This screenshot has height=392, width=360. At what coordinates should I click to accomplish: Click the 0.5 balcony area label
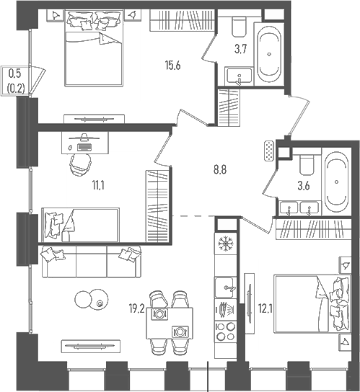click(14, 72)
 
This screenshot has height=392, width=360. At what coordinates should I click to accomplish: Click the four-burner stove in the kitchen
click(225, 333)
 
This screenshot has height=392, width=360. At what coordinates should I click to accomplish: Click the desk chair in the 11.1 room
click(82, 163)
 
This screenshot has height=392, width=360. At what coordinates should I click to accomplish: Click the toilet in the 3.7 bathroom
click(238, 28)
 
